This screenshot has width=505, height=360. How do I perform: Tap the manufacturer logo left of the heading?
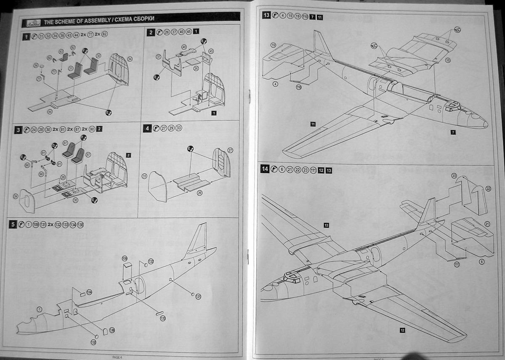[32, 22]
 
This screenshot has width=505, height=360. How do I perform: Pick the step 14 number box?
[265, 169]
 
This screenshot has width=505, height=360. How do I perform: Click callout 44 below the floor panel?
[50, 111]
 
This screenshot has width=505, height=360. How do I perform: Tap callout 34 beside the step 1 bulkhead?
[130, 59]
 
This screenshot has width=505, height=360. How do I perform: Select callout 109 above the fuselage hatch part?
[124, 258]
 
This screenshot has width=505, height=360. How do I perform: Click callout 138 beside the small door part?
[112, 331]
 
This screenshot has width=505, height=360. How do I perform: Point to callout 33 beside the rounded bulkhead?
[144, 176]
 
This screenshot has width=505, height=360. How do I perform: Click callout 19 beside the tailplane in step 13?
[273, 45]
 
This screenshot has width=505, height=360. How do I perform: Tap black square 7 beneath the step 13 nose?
[453, 132]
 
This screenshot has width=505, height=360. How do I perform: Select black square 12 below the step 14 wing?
[402, 330]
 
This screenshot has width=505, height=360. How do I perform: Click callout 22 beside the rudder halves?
[488, 188]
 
